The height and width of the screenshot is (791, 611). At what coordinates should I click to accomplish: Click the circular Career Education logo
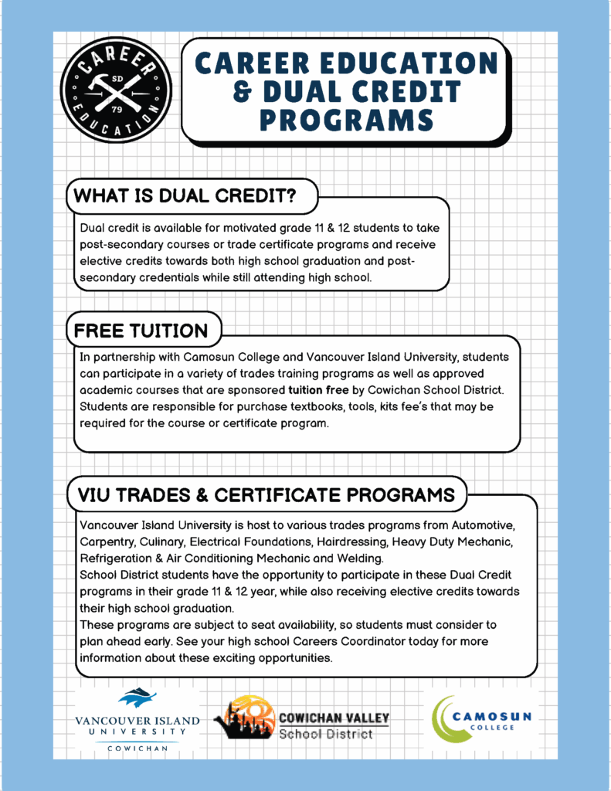117,90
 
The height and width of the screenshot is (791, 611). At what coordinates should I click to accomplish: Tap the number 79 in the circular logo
117,109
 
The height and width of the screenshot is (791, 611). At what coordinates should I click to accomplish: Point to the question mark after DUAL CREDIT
289,196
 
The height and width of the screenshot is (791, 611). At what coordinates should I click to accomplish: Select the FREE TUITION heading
141,331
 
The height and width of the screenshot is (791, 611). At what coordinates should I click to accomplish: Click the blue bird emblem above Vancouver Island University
137,698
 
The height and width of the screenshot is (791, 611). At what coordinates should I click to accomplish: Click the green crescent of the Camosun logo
443,718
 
